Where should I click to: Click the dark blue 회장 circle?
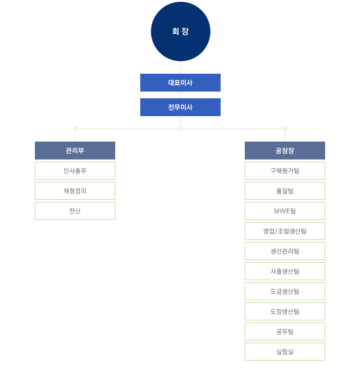[180, 32]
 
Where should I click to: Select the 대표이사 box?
[180, 83]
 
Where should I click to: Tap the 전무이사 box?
[180, 107]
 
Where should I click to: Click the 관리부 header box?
[75, 151]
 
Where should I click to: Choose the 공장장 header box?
[285, 151]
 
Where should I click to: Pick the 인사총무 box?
[75, 171]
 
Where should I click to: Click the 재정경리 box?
[75, 191]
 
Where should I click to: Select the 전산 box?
[75, 211]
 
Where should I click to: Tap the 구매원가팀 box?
[285, 171]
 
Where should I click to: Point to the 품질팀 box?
[285, 191]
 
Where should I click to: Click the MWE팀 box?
[285, 211]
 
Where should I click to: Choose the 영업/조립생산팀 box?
[285, 231]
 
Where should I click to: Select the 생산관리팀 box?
[285, 251]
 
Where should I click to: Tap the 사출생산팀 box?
[285, 271]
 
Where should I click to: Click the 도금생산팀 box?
[285, 291]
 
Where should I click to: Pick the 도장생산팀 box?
[285, 311]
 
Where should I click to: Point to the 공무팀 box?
[285, 331]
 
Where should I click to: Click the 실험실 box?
[285, 352]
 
